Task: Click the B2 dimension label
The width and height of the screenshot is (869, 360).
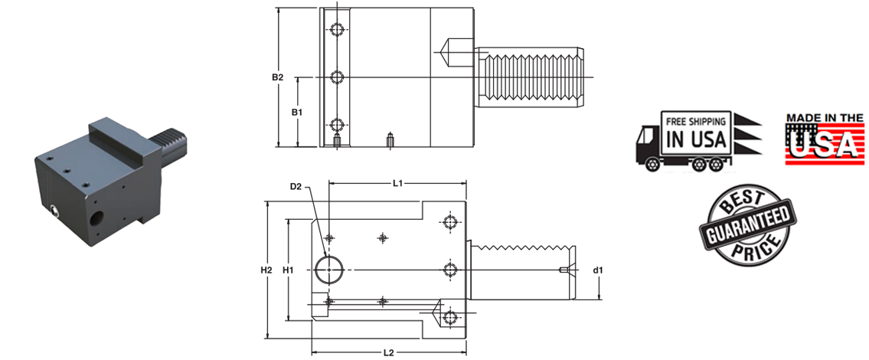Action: tap(278, 77)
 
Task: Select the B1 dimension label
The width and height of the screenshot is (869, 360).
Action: tap(298, 112)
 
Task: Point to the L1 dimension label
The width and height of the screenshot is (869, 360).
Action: tap(397, 183)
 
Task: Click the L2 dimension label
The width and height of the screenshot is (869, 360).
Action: tap(388, 352)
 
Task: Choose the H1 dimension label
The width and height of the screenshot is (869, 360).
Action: tap(288, 270)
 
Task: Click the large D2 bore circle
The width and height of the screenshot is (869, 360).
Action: tap(329, 269)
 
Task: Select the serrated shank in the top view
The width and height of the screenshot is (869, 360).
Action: tap(533, 77)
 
